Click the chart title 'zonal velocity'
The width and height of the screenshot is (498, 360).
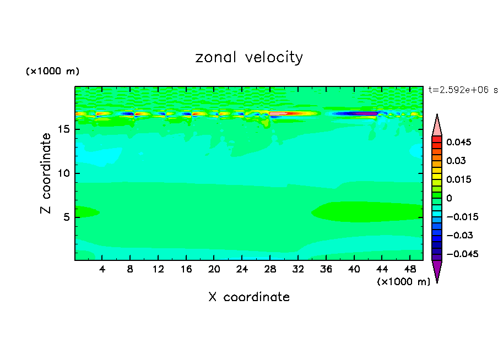[x=249, y=57]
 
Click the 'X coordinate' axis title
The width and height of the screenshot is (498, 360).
[x=249, y=297]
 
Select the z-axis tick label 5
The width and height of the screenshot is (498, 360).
[x=67, y=217]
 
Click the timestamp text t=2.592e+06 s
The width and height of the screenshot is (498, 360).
[x=463, y=89]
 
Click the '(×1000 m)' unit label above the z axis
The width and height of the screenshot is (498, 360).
[x=52, y=72]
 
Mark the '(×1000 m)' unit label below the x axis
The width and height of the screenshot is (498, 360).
[x=403, y=281]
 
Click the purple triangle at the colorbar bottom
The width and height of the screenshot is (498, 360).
[x=437, y=270]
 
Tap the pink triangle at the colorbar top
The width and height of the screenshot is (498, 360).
[x=437, y=125]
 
